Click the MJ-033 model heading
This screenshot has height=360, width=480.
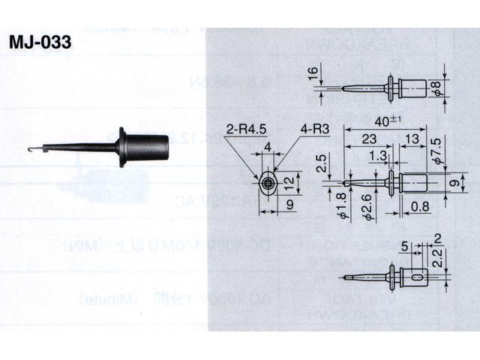(41, 43)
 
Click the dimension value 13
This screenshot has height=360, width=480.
(412, 139)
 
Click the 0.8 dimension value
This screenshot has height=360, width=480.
(421, 205)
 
